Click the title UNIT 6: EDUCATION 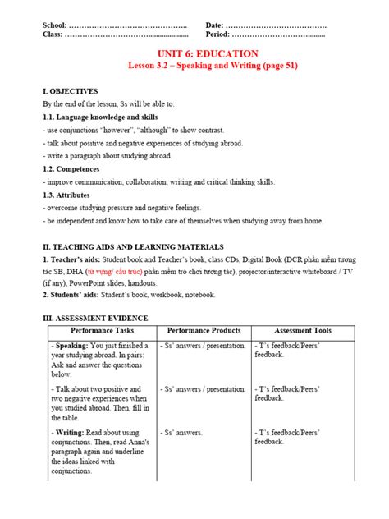pyautogui.click(x=195, y=53)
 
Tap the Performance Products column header pyautogui.click(x=204, y=330)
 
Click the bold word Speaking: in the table pyautogui.click(x=69, y=346)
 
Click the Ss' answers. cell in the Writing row pyautogui.click(x=181, y=431)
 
